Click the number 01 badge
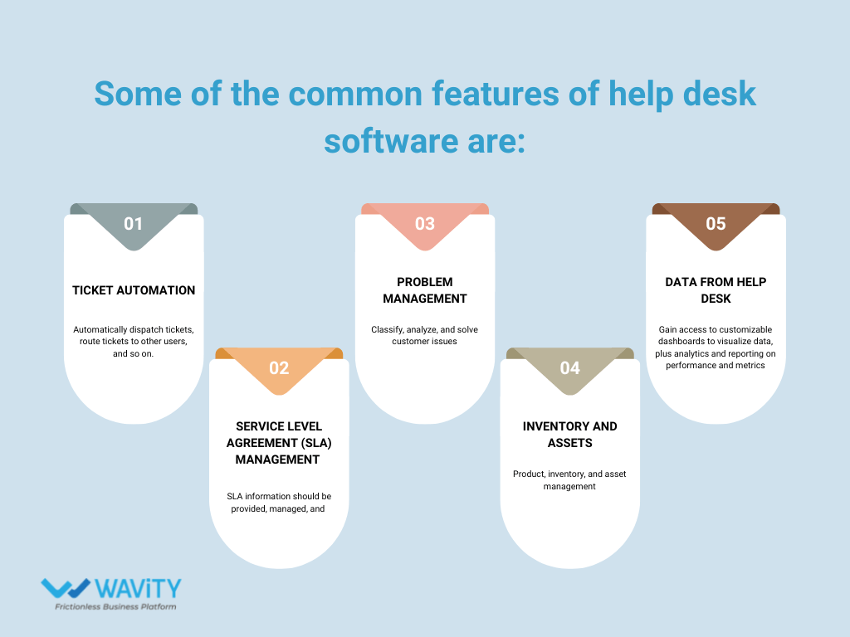pos(134,224)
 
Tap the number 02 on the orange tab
pos(279,367)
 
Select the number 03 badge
pos(425,224)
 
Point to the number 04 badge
pos(570,367)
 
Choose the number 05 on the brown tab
pos(716,224)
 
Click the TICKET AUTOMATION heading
pos(134,290)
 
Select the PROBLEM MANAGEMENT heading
pos(425,290)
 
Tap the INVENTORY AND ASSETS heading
pos(570,434)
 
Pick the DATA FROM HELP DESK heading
pos(716,290)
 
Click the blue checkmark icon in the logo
pos(66,588)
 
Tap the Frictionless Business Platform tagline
pos(115,607)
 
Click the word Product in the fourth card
pos(529,474)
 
